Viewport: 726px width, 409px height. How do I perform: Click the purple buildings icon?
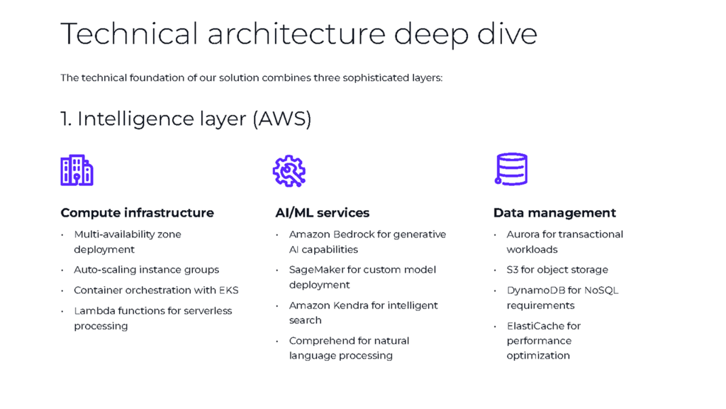77,170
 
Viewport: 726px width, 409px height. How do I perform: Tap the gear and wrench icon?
289,171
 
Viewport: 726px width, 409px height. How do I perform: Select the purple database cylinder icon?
511,169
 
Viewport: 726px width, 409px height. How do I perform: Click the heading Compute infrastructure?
137,213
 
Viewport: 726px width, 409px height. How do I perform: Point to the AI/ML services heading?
323,213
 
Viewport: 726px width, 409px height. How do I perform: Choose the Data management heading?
554,213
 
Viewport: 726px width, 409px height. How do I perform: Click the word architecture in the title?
296,34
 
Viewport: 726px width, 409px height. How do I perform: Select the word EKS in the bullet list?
229,290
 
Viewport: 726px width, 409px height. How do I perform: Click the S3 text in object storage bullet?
512,270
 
